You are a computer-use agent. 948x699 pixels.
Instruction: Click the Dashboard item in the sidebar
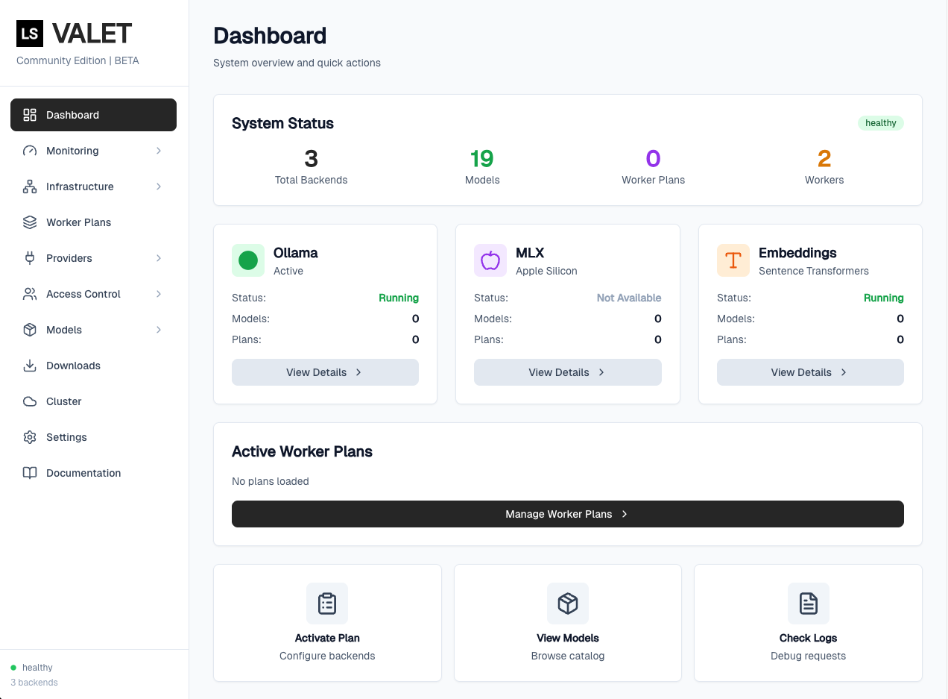[93, 115]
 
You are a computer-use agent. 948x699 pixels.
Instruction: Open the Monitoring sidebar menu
[72, 151]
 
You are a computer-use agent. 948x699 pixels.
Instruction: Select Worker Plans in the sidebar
[78, 222]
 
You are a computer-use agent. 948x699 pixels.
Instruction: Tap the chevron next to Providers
[159, 258]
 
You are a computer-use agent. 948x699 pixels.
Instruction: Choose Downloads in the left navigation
[73, 366]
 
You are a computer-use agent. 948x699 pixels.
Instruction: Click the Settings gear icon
[30, 437]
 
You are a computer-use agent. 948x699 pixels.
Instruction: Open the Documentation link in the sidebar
[83, 473]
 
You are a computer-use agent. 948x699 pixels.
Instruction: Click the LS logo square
[30, 34]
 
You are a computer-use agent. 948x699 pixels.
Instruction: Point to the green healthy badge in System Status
[880, 123]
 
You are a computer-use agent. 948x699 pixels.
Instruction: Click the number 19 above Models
[482, 159]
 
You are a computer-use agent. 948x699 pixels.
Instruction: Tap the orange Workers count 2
[824, 159]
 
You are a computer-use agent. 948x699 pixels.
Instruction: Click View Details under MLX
[567, 372]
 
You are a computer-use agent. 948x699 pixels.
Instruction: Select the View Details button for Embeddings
[810, 372]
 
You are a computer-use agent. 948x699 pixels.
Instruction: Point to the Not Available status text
[628, 298]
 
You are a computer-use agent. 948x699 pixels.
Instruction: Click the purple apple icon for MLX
[490, 260]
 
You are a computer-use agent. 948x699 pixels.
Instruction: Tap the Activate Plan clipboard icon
[327, 604]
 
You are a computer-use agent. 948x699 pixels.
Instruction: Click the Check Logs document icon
[809, 604]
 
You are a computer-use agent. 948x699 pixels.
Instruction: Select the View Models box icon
[568, 604]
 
